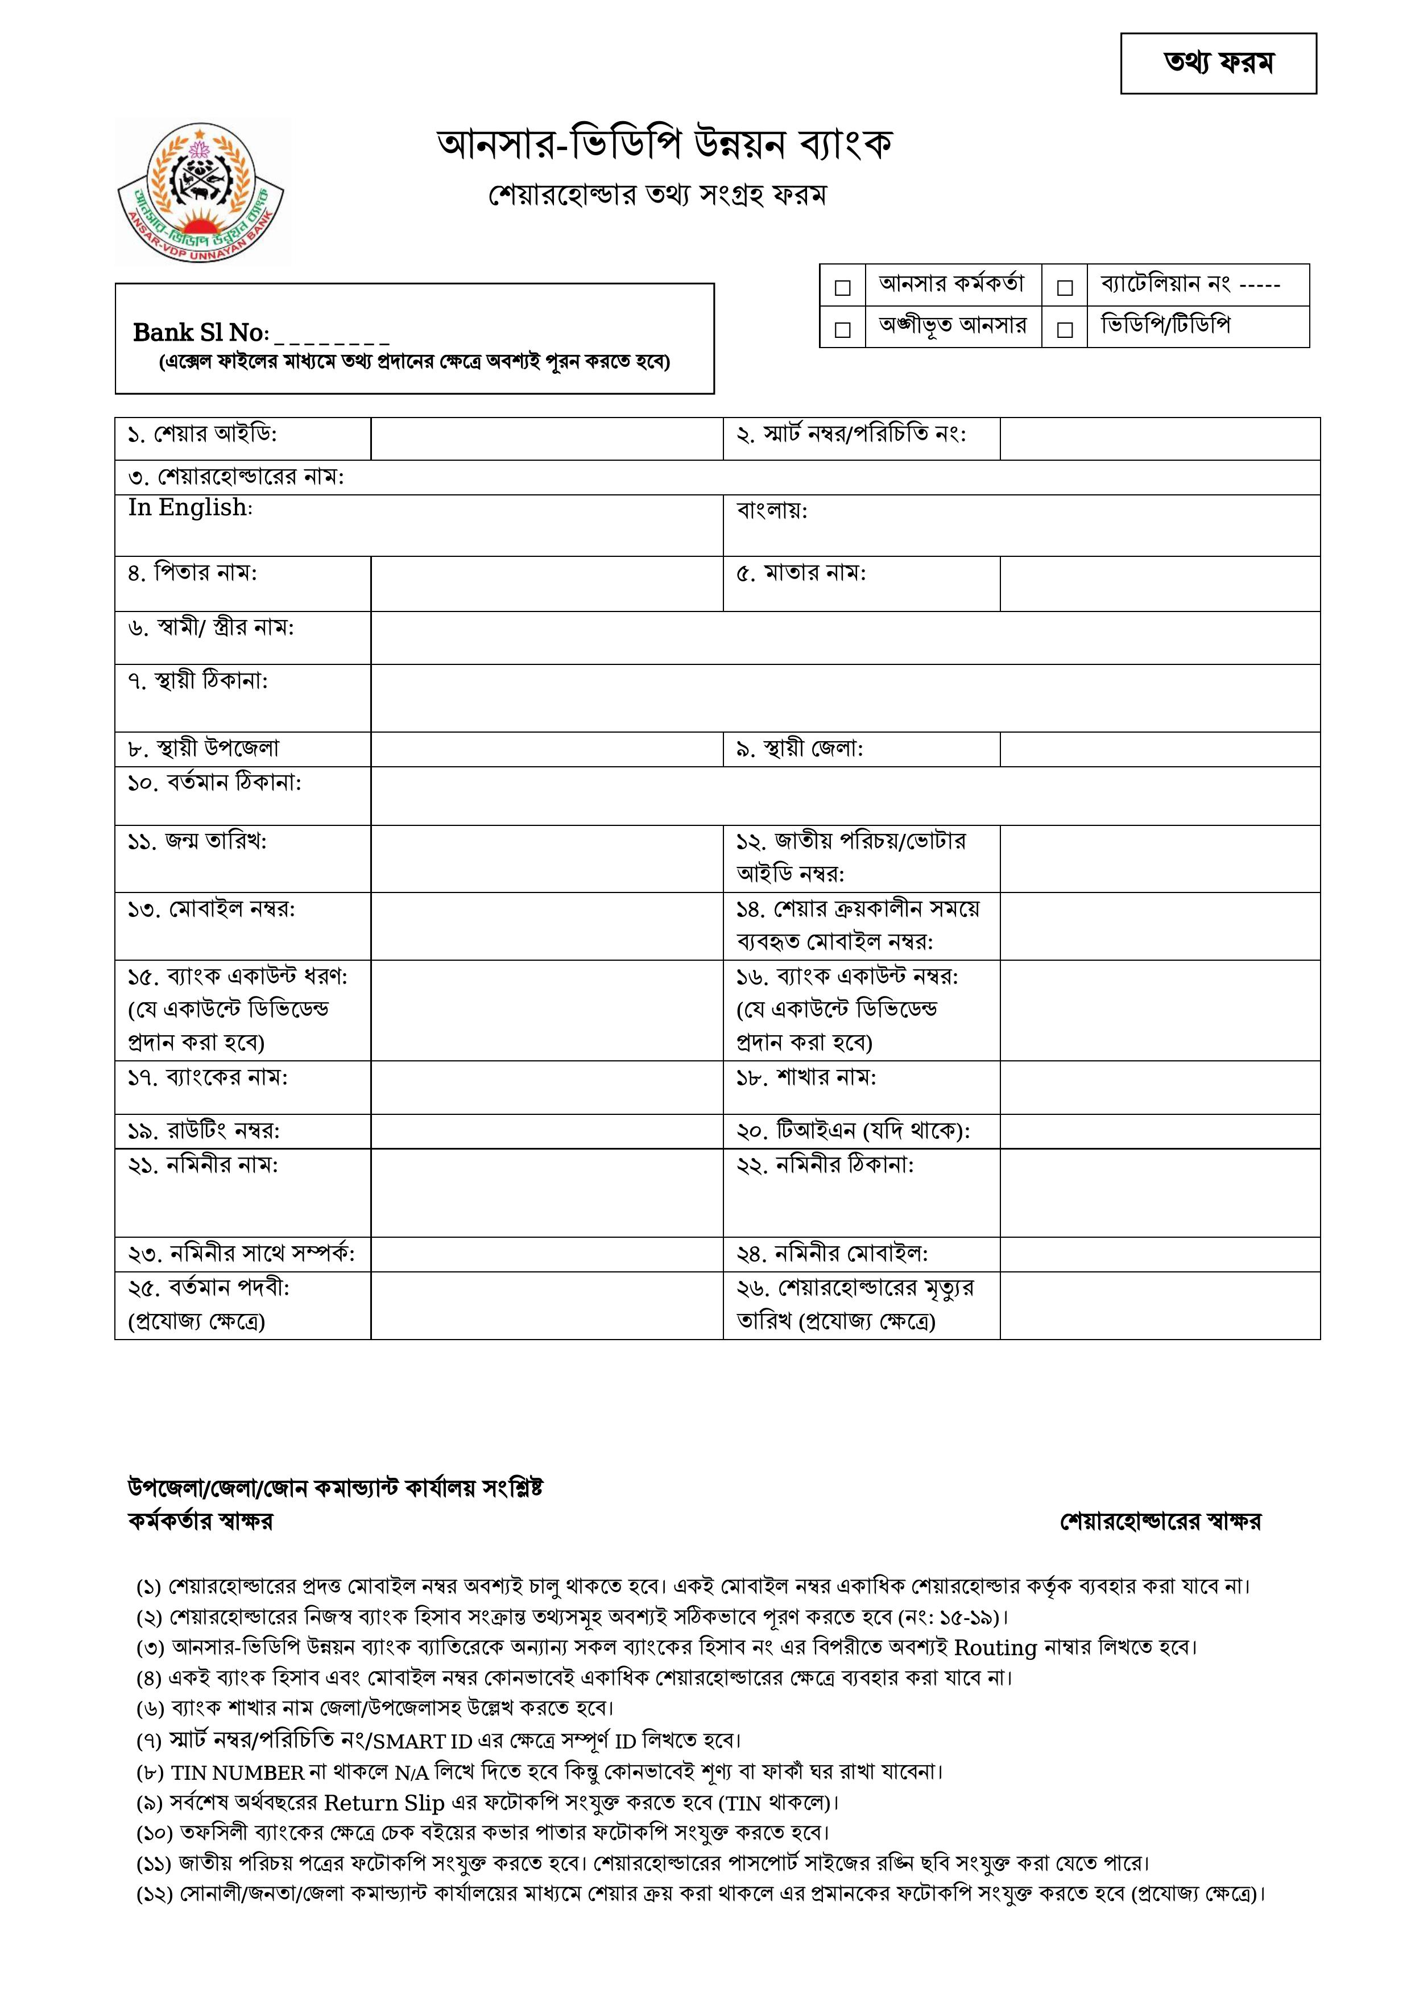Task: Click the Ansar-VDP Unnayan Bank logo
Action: pos(202,193)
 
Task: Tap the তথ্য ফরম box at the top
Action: pos(1218,64)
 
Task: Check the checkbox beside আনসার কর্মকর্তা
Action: pos(842,287)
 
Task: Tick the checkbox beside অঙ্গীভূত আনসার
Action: pos(842,329)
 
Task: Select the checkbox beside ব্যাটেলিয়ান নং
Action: pos(1064,287)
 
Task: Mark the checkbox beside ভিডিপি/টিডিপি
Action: pos(1064,329)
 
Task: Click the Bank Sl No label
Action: pos(200,333)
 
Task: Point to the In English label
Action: pos(189,508)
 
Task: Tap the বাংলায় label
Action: pos(771,510)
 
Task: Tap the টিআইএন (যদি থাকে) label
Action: pos(853,1131)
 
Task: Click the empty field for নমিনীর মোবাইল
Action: pos(1159,1254)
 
